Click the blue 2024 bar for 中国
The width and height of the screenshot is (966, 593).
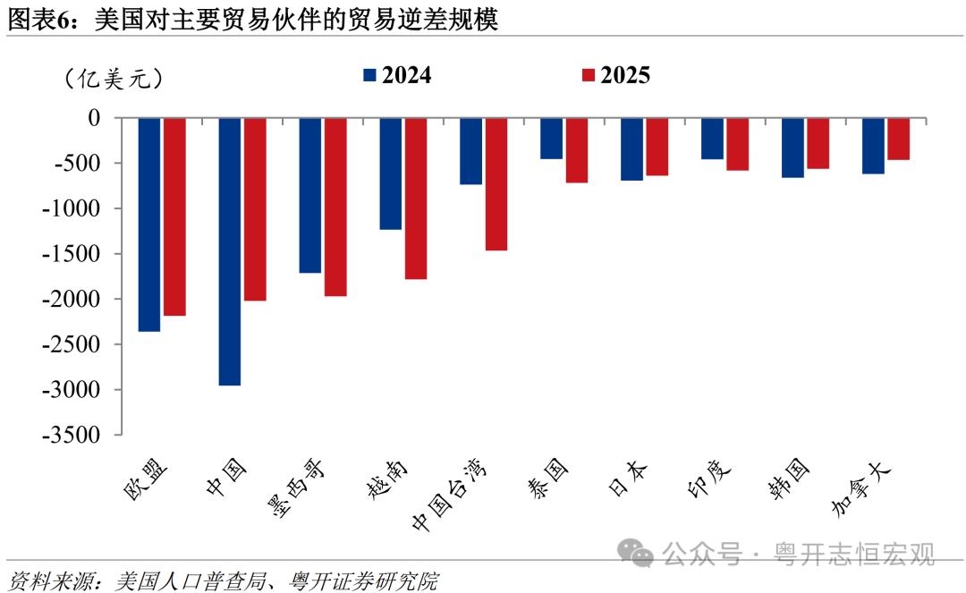tap(230, 251)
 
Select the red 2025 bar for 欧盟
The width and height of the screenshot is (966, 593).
tap(174, 216)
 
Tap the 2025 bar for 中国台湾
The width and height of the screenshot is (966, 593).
tap(496, 184)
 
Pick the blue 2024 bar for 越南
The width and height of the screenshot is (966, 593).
tap(391, 174)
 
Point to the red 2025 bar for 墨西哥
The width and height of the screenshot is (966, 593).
tap(335, 207)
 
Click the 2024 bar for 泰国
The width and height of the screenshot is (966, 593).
tap(551, 139)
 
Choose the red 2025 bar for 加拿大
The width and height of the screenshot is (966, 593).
tap(898, 140)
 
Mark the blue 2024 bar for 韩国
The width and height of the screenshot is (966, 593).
tap(792, 148)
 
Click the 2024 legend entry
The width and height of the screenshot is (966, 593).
tap(397, 75)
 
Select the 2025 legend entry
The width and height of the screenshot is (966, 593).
tap(616, 75)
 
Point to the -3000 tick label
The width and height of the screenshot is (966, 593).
tap(72, 389)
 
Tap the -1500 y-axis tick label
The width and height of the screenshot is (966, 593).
tap(72, 253)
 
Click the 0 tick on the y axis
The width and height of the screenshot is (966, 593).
tap(94, 117)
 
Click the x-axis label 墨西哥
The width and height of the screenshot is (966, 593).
tap(295, 487)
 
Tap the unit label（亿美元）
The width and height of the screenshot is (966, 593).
tap(114, 79)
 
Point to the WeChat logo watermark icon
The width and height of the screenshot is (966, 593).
tap(635, 553)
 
